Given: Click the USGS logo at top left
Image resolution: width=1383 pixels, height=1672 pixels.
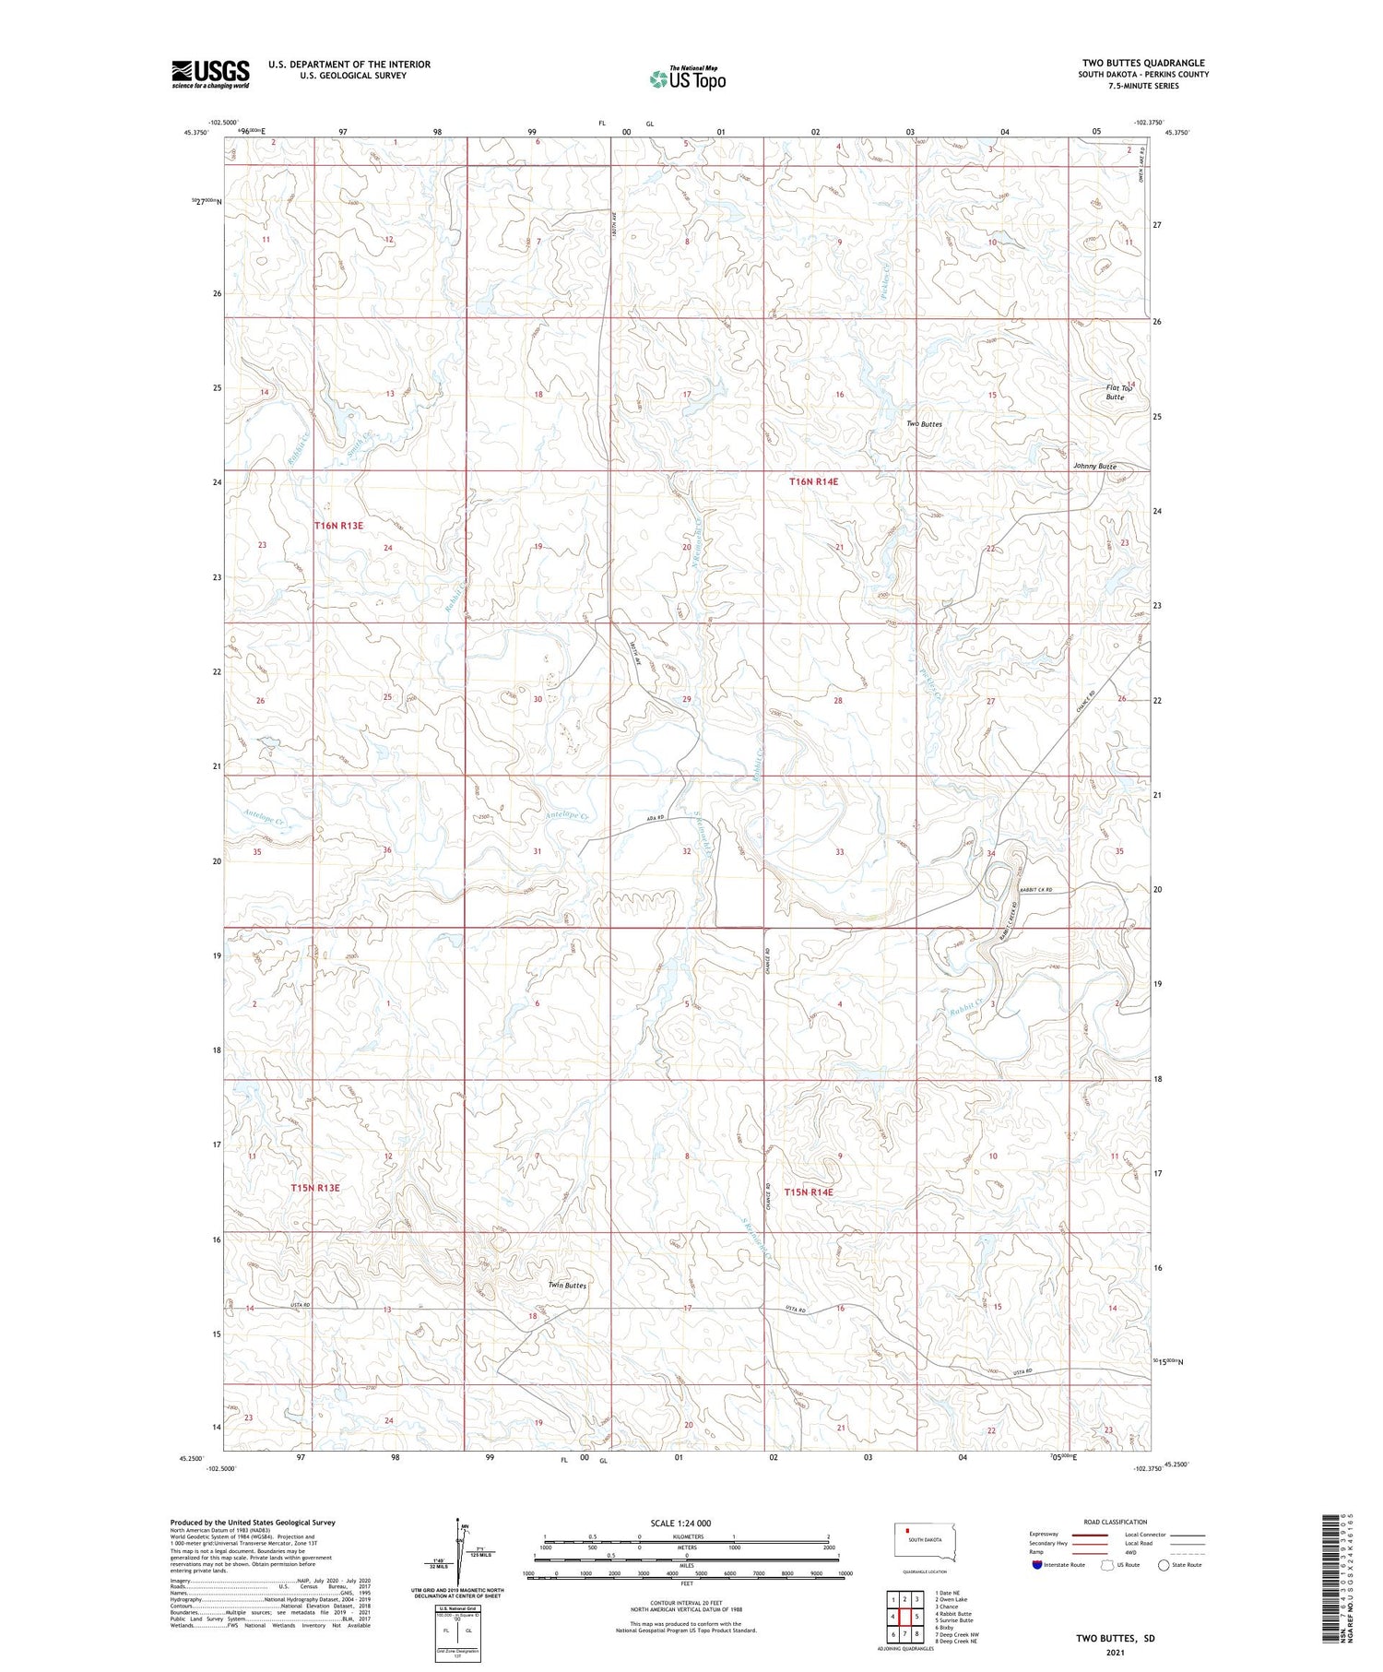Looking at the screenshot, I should [210, 74].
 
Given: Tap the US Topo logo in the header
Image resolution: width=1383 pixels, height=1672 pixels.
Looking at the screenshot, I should [687, 79].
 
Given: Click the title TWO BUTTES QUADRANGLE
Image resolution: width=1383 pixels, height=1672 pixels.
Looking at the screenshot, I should [1143, 63].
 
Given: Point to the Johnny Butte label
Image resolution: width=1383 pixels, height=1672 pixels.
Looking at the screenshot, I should [1094, 467].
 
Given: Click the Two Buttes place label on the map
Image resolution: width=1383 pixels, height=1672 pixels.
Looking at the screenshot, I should [924, 424].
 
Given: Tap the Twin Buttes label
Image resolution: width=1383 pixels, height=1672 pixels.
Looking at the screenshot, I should [567, 1285].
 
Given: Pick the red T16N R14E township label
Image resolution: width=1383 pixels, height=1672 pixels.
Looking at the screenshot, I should [813, 481].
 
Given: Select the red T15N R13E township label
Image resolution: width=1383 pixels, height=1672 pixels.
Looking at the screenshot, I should [315, 1188].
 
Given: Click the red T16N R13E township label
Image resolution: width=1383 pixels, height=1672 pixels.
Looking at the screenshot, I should [338, 526].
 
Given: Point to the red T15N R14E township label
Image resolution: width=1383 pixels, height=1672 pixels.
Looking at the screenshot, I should [809, 1192].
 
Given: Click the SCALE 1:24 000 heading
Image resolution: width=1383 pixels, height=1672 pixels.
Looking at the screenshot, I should [680, 1523].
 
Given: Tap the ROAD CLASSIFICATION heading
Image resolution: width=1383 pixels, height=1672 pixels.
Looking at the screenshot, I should [1116, 1522].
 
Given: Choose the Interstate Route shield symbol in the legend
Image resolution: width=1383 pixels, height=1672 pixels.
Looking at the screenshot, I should [1037, 1565].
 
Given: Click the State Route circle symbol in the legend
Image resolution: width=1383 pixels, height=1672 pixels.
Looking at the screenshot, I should [1164, 1565].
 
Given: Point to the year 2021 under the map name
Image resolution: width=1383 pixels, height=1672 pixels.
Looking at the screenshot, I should [1115, 1651].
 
